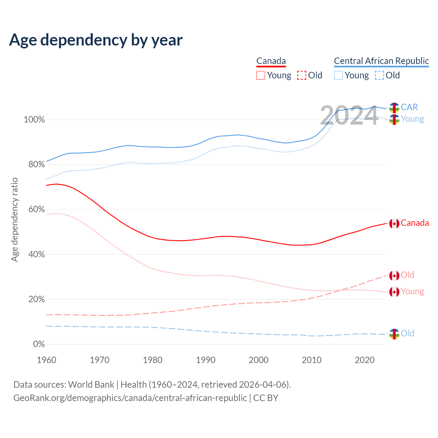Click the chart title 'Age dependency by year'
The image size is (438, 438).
pos(96,40)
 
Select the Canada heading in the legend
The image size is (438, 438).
pos(271,61)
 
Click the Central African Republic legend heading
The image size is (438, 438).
pos(381,61)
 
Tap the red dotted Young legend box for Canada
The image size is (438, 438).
pos(261,75)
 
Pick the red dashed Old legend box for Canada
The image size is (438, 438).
pos(302,75)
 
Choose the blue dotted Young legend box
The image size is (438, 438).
pos(338,75)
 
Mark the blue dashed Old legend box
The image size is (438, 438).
pos(379,75)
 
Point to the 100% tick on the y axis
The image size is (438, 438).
pos(34,120)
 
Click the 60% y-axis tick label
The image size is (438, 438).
pos(36,209)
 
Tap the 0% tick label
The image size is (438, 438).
pos(39,344)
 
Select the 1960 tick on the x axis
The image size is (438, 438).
pos(47,360)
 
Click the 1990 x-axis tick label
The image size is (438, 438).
pos(206,360)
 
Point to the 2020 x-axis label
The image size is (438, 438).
pos(365,360)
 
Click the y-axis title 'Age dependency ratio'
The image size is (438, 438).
pos(14,220)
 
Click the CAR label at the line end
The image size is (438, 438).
pos(409,107)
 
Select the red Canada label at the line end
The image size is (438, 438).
pos(415,223)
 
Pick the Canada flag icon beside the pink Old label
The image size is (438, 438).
pos(394,275)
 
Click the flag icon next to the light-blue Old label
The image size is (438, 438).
pos(394,334)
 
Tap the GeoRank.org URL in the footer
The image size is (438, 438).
pos(130,398)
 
